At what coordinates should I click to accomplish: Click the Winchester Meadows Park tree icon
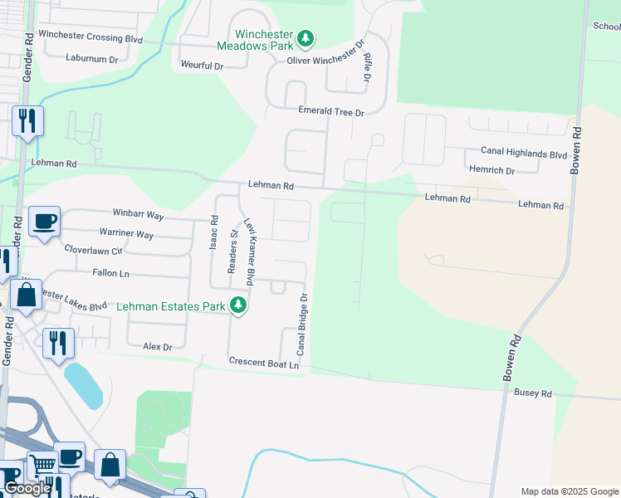(x=306, y=38)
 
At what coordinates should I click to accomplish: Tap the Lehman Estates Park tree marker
(x=239, y=306)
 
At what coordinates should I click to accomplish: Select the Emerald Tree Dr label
(x=331, y=112)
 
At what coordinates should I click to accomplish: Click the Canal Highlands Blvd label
(x=524, y=154)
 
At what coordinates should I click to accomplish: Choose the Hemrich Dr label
(x=491, y=170)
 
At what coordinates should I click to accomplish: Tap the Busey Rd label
(x=532, y=393)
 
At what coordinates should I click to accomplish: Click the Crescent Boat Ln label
(x=263, y=364)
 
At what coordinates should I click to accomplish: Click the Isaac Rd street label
(x=213, y=233)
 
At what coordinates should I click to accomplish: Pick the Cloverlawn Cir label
(x=93, y=249)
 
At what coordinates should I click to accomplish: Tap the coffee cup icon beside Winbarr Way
(x=44, y=222)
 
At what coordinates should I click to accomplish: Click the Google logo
(x=27, y=488)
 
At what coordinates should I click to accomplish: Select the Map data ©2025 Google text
(x=569, y=491)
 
